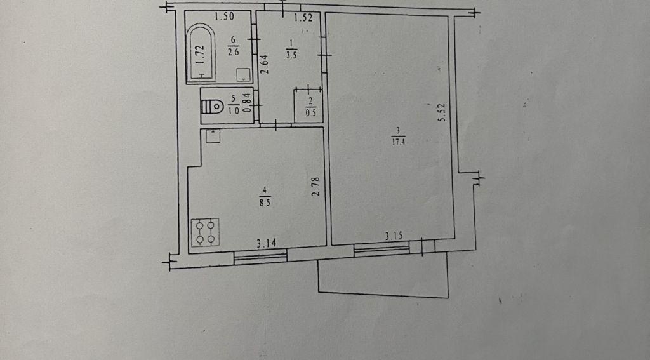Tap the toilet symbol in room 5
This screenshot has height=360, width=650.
tap(215, 106)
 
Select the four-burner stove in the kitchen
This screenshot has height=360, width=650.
tap(205, 232)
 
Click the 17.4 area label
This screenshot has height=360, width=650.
tap(399, 142)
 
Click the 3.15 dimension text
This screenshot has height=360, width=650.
tap(395, 236)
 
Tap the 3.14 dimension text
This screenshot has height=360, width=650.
tap(266, 243)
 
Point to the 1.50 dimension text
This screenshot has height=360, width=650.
tap(224, 17)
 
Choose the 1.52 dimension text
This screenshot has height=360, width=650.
tap(303, 18)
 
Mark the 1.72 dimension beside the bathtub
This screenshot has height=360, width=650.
tap(199, 53)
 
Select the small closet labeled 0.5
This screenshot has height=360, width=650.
tap(309, 105)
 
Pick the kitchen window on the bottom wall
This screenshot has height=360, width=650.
tap(260, 257)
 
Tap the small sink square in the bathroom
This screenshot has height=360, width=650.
tap(242, 75)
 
